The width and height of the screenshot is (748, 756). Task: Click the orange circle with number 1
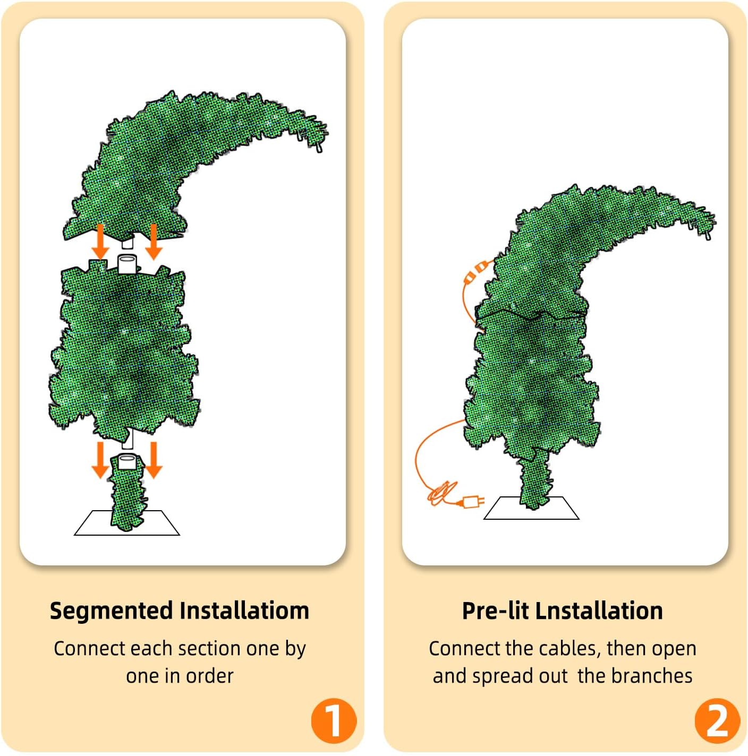click(334, 720)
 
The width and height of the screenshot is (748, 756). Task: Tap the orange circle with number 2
click(717, 720)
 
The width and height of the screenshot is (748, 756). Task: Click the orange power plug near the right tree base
click(472, 501)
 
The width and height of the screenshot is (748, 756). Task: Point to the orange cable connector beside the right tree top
click(474, 272)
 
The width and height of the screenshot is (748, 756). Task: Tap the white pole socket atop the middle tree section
click(127, 263)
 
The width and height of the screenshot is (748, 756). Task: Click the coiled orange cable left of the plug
click(440, 494)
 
